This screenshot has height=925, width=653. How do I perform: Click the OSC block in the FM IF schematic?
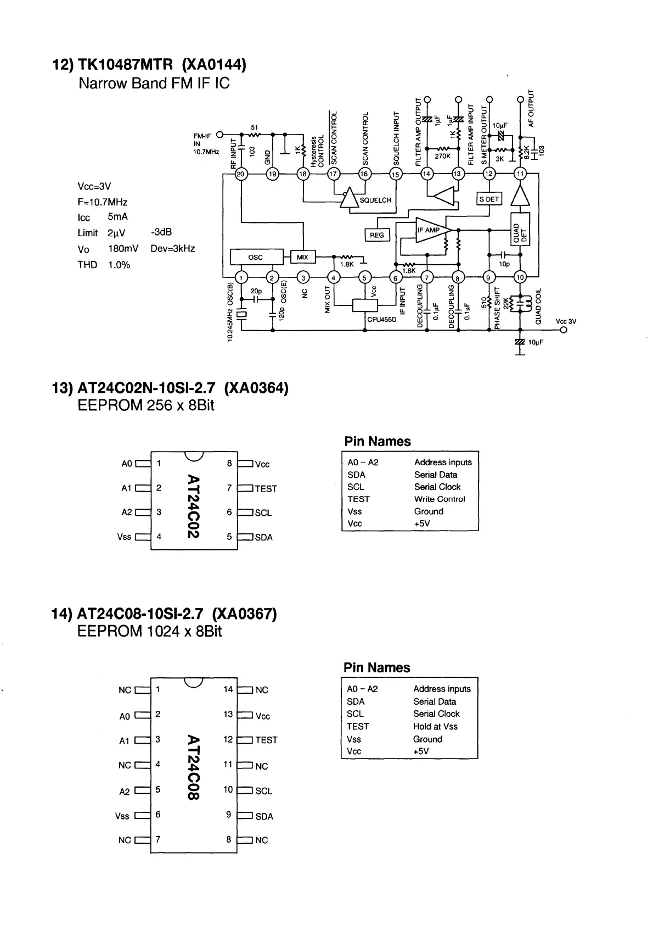click(256, 257)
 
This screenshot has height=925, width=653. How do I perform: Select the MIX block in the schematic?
click(302, 257)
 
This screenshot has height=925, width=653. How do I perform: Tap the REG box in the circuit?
click(377, 235)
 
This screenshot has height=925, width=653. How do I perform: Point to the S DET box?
click(489, 199)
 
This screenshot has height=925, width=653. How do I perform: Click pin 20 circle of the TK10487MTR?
click(241, 174)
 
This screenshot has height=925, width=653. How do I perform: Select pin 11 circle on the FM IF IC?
click(520, 174)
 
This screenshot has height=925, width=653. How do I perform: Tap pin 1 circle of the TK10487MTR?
click(241, 277)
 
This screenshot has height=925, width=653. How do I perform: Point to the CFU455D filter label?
click(381, 319)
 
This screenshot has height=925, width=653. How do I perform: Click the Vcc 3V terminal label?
click(566, 321)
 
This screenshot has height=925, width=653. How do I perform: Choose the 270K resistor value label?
click(442, 156)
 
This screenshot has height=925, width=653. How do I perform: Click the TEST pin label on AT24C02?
click(266, 489)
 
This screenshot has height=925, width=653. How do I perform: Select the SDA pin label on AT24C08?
click(264, 817)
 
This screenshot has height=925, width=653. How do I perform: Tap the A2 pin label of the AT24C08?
click(125, 792)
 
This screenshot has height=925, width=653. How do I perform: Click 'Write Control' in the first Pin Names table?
click(439, 499)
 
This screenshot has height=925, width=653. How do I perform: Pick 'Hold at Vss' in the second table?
click(435, 726)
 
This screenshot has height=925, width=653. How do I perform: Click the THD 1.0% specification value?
click(119, 265)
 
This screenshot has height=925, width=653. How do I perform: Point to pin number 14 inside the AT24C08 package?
click(228, 689)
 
